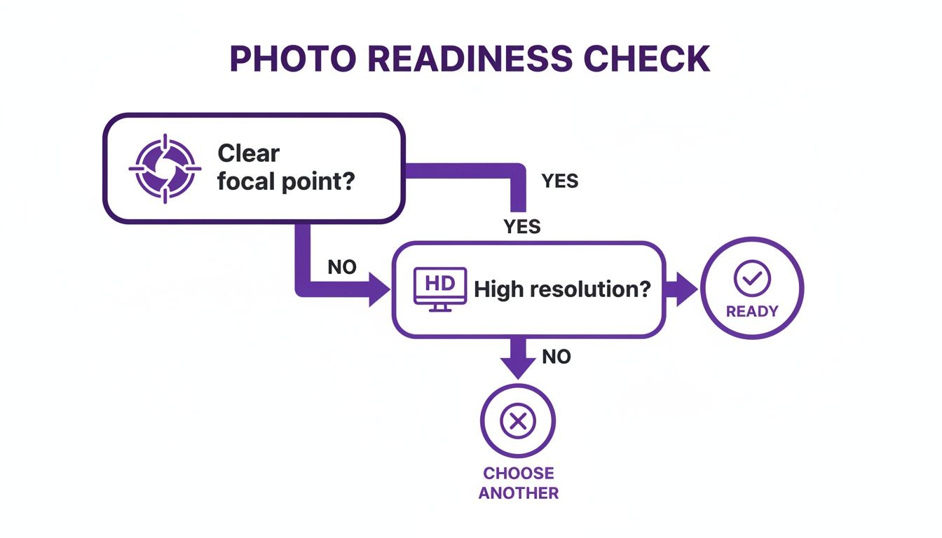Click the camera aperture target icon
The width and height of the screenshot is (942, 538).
tap(165, 168)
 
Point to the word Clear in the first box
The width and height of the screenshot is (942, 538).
tap(248, 153)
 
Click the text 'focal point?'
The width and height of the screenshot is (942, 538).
tap(286, 183)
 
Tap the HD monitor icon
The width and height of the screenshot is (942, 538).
tap(440, 288)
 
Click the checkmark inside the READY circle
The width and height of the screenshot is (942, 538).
tap(751, 280)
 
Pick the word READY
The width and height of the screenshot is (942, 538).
tap(751, 311)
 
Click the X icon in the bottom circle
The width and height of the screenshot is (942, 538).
tap(517, 421)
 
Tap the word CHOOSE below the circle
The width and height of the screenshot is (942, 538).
tap(519, 474)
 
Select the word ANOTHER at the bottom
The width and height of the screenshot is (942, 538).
tap(519, 493)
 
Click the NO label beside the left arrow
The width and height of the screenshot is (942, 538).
tap(342, 266)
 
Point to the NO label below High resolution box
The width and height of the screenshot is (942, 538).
tap(557, 357)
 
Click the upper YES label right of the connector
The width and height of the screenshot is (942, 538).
tap(560, 181)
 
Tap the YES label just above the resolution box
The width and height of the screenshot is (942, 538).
tap(522, 226)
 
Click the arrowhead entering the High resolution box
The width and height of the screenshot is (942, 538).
tap(379, 289)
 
